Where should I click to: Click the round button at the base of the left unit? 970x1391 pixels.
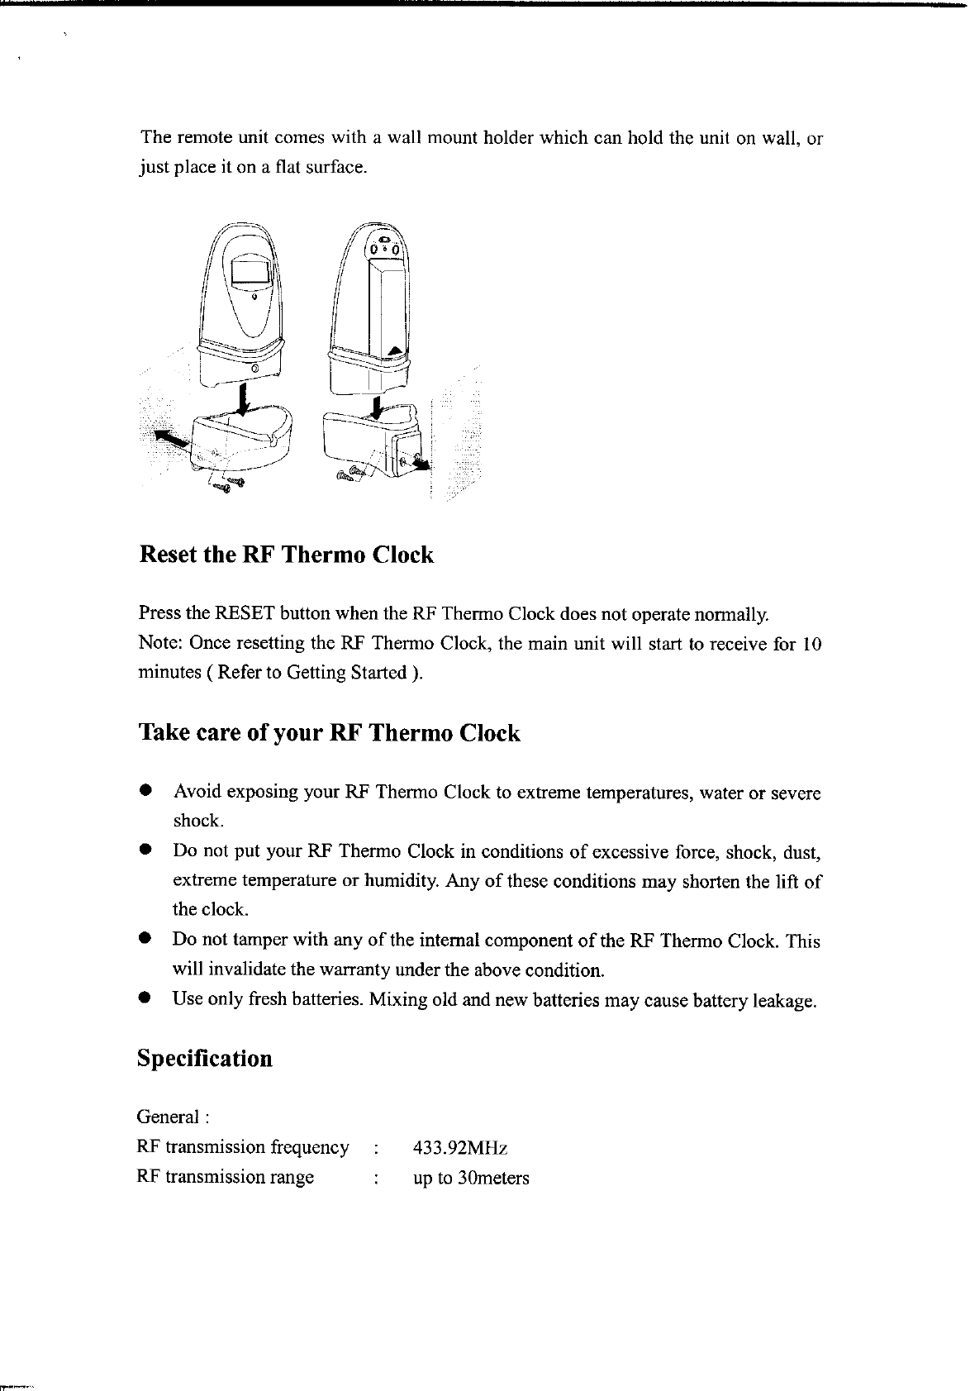point(256,367)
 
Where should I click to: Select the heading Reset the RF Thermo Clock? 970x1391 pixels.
point(285,554)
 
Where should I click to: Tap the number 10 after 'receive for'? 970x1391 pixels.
point(811,644)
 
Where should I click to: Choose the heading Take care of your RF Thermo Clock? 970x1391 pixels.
point(329,733)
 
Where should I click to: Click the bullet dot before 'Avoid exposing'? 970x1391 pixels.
point(144,791)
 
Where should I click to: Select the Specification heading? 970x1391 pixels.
point(204,1059)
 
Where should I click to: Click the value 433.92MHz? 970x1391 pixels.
point(460,1148)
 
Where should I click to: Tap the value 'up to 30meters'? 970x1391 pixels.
point(471,1178)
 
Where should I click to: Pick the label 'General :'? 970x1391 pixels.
point(173,1117)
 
